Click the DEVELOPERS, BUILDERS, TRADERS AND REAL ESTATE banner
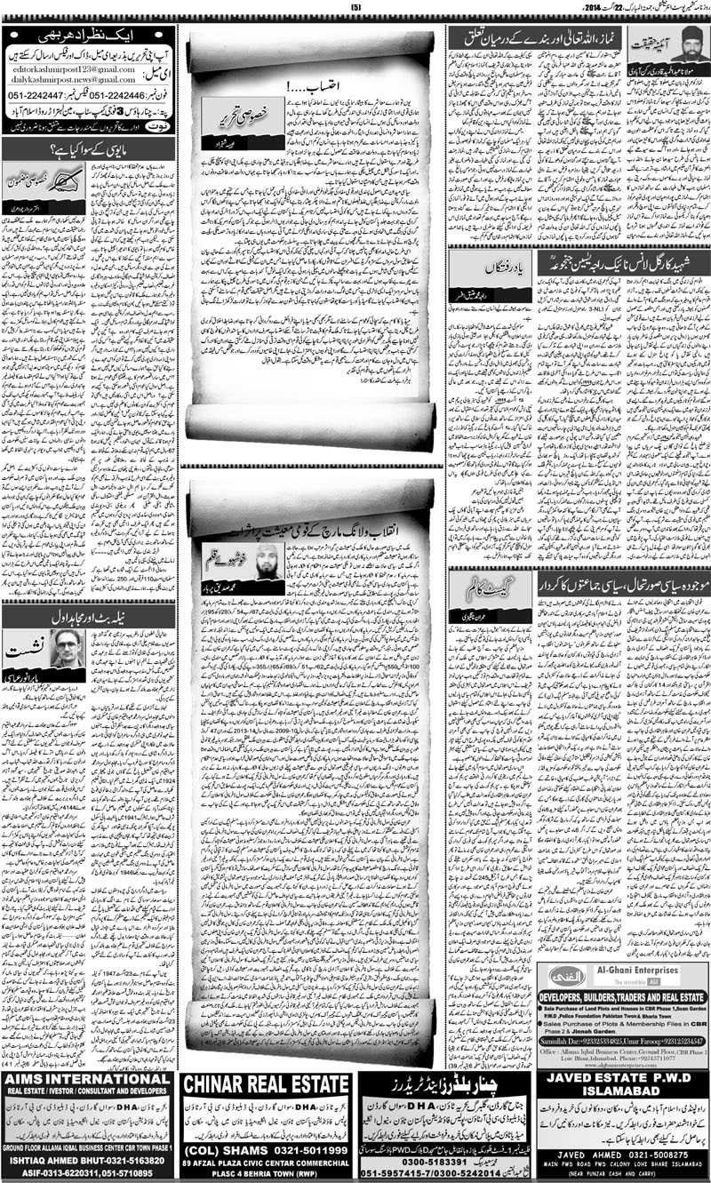[x=622, y=997]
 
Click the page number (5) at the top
[x=356, y=8]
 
